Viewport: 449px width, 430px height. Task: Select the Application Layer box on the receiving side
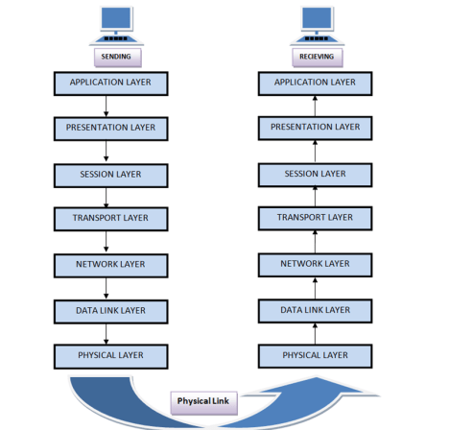tap(316, 82)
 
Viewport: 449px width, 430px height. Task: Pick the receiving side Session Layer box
tap(316, 174)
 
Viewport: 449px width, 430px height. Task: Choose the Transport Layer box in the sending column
tap(110, 218)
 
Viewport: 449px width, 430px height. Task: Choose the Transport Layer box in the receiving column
tap(316, 218)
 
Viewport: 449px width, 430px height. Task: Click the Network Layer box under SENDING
tap(110, 263)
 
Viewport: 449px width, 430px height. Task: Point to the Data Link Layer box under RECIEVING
tap(316, 309)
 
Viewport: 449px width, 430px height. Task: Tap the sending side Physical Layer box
tap(110, 355)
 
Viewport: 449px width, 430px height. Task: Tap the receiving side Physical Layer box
tap(316, 355)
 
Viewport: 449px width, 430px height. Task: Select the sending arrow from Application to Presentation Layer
tap(106, 104)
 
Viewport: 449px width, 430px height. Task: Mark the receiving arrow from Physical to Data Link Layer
tap(316, 332)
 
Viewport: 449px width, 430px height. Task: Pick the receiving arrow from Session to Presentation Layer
tap(316, 150)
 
